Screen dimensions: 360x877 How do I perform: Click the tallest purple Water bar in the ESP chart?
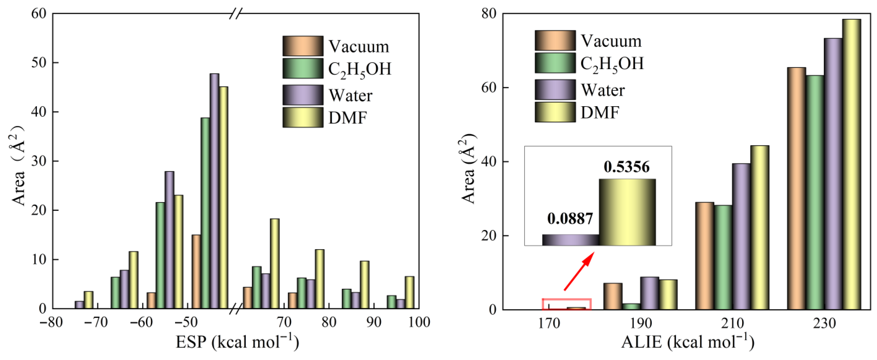click(214, 190)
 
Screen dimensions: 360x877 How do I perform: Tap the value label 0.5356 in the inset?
click(627, 167)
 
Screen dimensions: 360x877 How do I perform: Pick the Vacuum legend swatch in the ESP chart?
click(303, 46)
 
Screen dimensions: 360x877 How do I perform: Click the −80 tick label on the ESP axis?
click(51, 322)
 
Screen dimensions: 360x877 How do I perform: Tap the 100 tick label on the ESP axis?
click(419, 322)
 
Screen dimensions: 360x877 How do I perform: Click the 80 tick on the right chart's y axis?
click(489, 14)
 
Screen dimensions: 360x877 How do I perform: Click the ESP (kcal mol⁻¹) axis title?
click(237, 342)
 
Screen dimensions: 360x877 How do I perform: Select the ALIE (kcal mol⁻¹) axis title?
click(688, 342)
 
